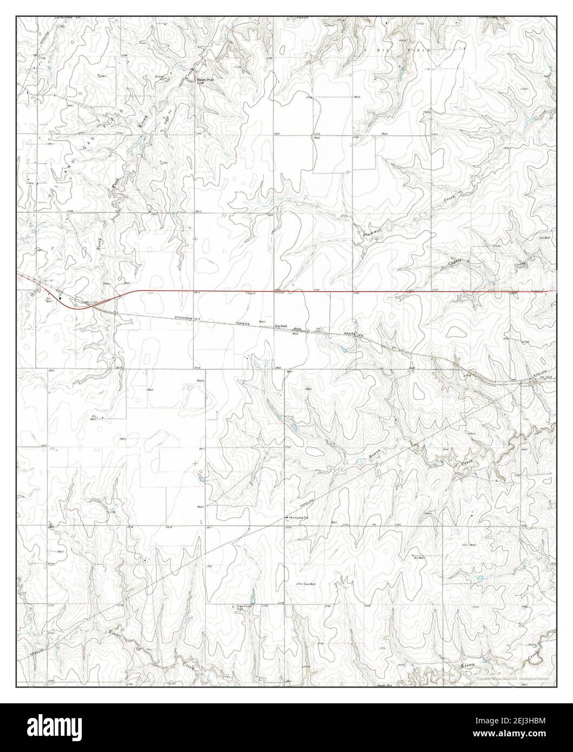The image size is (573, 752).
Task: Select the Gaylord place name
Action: (280, 327)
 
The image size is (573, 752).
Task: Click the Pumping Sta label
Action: (298, 518)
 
